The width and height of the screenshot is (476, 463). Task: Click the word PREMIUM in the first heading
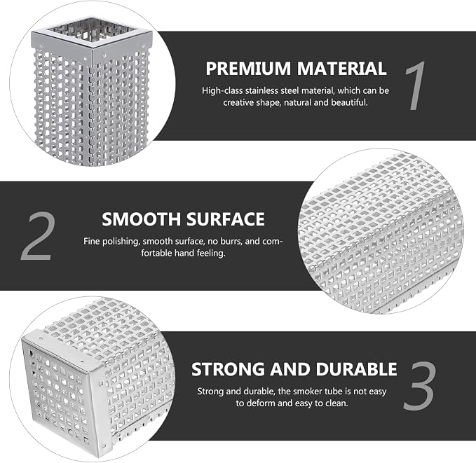click(248, 69)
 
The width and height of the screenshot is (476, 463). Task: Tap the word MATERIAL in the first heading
click(342, 69)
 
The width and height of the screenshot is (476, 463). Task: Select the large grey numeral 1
click(415, 85)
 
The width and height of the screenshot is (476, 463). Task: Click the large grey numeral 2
click(39, 237)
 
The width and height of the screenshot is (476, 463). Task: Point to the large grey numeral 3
click(419, 385)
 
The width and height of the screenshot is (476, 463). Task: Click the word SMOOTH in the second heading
click(141, 219)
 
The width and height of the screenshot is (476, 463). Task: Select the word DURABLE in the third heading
click(356, 369)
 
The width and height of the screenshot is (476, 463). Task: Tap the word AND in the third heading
click(290, 369)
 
